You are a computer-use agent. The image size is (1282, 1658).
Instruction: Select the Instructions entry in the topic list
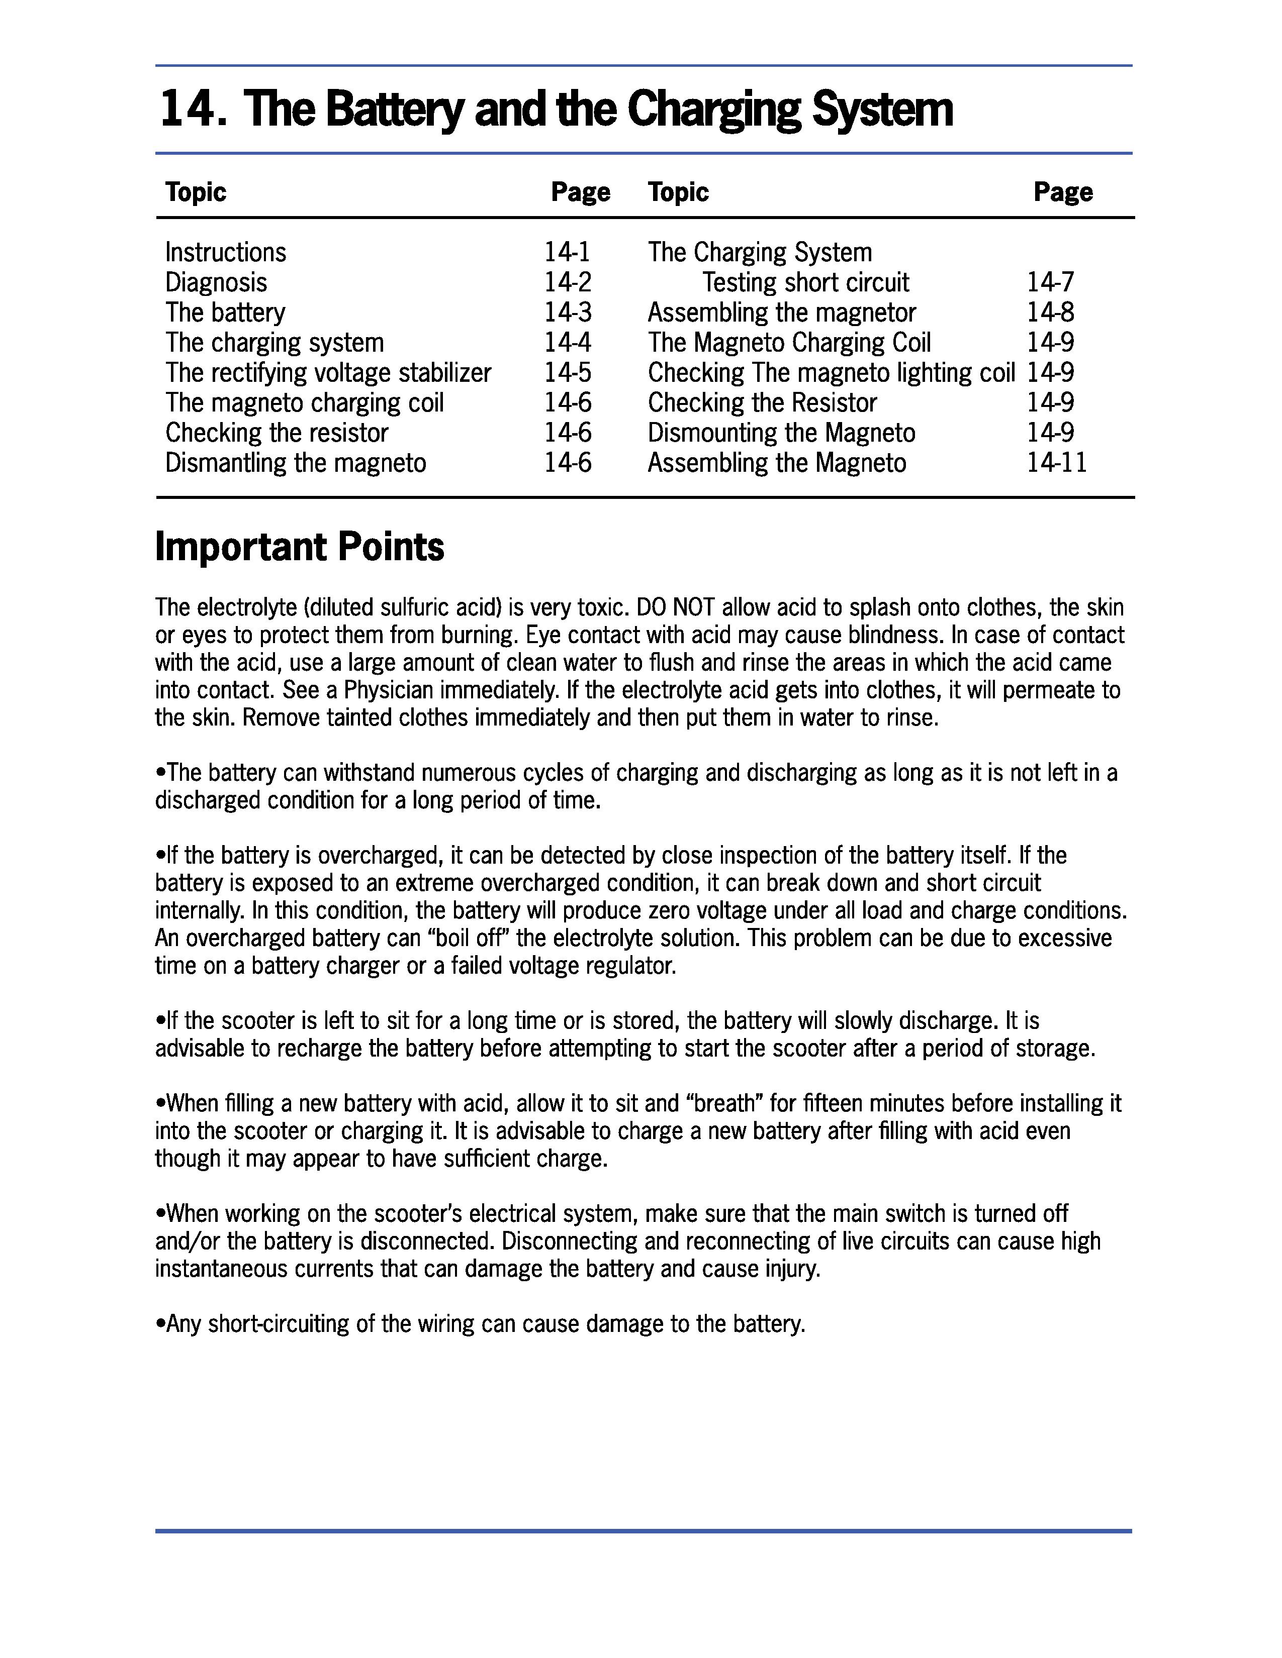click(226, 252)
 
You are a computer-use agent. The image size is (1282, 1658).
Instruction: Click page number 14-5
click(567, 373)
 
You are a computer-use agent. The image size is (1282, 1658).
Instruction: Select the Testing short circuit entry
click(805, 282)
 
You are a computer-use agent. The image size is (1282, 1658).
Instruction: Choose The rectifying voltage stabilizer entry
click(328, 373)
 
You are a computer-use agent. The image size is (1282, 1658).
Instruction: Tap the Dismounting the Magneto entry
click(781, 433)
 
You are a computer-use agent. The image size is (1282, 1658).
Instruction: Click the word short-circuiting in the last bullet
click(277, 1324)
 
